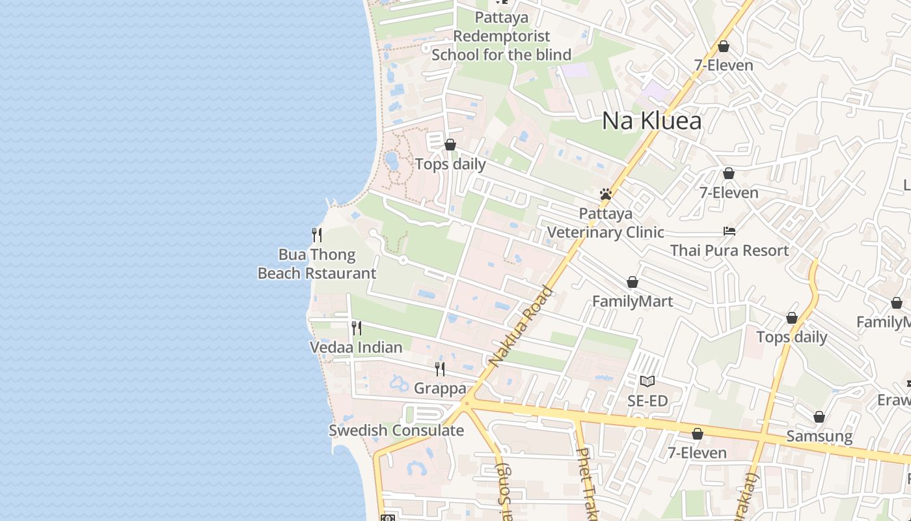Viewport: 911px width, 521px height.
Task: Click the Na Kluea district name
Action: [651, 120]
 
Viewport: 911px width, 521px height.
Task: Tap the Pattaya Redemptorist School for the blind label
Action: [502, 36]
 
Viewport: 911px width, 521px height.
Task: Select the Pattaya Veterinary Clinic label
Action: [605, 223]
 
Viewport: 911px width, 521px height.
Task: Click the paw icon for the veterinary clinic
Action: [606, 194]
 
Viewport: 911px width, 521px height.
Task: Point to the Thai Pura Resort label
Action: [729, 250]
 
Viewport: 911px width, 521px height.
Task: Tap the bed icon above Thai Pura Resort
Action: [729, 231]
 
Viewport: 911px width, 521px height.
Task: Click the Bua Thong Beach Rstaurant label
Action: [317, 264]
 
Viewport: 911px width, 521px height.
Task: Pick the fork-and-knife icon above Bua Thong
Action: [317, 235]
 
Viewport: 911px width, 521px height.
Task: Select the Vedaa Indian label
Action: [356, 347]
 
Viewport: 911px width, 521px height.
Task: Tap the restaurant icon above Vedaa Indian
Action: [357, 328]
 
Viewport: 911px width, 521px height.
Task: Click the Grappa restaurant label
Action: [440, 389]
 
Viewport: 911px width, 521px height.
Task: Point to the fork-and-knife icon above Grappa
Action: [440, 369]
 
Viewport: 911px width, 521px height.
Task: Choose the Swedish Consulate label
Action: [396, 430]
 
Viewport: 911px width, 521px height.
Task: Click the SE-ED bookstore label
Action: [647, 401]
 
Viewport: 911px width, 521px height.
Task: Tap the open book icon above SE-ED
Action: [647, 381]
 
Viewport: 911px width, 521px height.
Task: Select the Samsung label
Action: [819, 436]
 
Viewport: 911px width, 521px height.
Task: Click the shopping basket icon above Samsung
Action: [819, 417]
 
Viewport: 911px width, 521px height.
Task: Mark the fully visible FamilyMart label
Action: [632, 302]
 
